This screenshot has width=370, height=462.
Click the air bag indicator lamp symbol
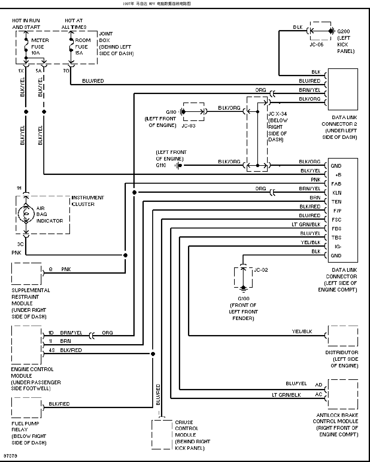coord(26,214)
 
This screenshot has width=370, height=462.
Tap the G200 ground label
coord(343,31)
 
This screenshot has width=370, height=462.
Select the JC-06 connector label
coord(316,45)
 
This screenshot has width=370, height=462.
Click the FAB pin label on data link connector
coord(336,184)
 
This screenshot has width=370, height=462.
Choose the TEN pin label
coord(336,202)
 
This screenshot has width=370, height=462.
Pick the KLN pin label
coord(337,193)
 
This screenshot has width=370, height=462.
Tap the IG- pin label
coord(338,247)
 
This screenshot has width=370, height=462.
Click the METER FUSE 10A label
coord(40,47)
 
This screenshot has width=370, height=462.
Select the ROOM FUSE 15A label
coord(83,47)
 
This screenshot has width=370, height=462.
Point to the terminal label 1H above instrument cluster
coord(19,188)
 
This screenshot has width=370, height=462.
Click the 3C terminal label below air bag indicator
coord(20,244)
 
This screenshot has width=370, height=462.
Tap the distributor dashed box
coord(343,336)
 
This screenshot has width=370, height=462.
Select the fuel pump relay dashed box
coord(26,407)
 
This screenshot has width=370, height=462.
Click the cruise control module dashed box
coord(162,434)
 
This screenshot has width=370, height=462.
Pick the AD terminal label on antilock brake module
coord(319,385)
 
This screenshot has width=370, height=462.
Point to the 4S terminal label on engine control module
coord(52,350)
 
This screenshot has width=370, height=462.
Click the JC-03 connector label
coord(189,126)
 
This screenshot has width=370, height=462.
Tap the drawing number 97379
coord(10,456)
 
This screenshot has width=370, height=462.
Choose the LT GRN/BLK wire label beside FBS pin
coord(306,224)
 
